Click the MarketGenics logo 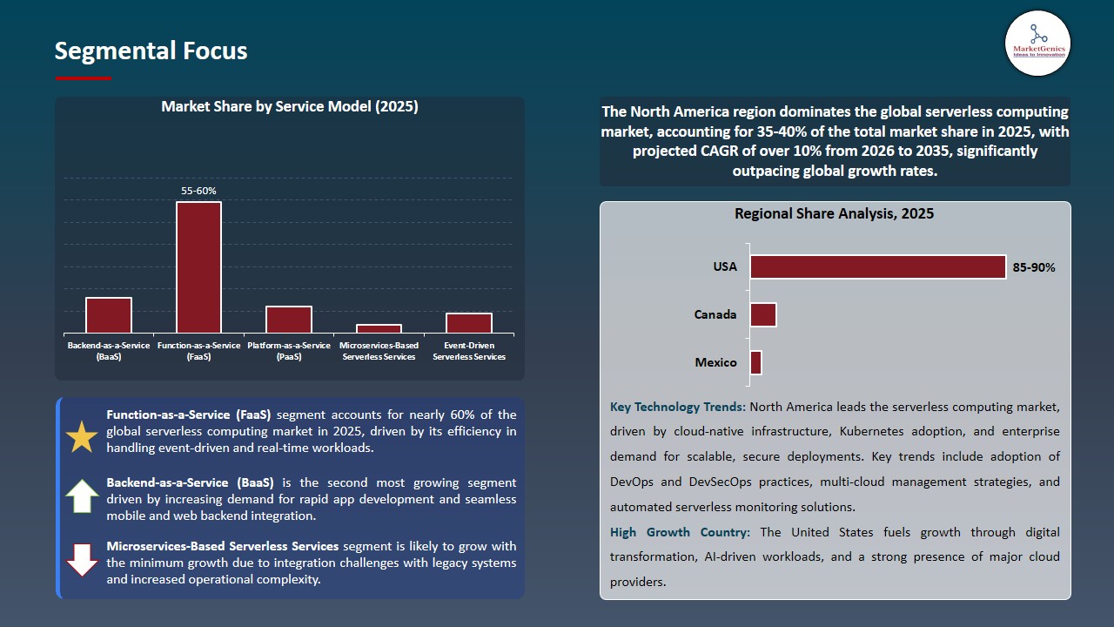(x=1037, y=44)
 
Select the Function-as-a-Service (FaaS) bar (x=198, y=266)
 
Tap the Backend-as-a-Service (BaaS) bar (x=109, y=314)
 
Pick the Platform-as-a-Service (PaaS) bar (x=289, y=319)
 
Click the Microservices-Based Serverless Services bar (x=379, y=328)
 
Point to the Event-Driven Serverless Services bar (x=469, y=322)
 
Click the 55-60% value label (x=198, y=191)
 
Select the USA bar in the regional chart (x=877, y=267)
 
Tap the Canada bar (x=762, y=314)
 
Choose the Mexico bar (x=755, y=362)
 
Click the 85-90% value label (x=1034, y=267)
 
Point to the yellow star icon (x=82, y=436)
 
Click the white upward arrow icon (x=82, y=496)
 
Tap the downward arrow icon (x=82, y=560)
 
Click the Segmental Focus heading (x=151, y=51)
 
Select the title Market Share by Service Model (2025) (x=289, y=107)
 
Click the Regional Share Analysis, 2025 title (x=834, y=213)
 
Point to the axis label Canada (x=715, y=314)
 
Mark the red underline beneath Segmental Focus (x=83, y=78)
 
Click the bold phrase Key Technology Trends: (x=678, y=407)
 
